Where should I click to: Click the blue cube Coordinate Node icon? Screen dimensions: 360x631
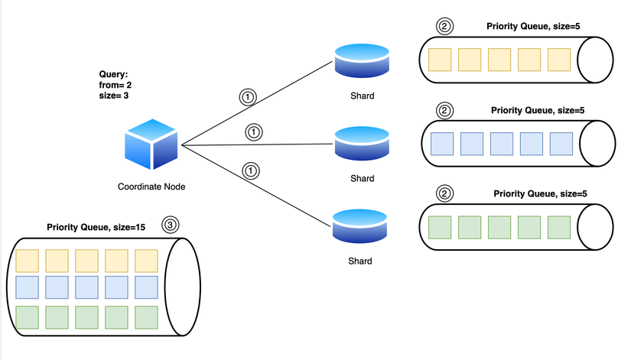pos(151,144)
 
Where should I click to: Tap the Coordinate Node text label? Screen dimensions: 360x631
pos(151,186)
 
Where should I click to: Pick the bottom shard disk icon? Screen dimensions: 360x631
pos(361,226)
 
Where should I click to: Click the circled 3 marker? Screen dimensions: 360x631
pos(171,225)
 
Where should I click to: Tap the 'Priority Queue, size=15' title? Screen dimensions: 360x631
pos(97,227)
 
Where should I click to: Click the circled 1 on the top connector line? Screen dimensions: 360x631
pos(247,97)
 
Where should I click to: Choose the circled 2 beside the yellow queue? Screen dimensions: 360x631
pos(444,26)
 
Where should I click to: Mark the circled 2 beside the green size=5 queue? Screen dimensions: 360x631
pos(444,194)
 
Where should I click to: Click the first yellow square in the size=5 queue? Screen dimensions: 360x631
pos(440,60)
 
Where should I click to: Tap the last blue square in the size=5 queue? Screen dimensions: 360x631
pos(561,144)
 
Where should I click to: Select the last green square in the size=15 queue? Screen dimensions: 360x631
pos(146,316)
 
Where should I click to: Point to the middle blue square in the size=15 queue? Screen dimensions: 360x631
pos(86,287)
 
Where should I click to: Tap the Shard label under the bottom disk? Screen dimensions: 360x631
pos(361,261)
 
